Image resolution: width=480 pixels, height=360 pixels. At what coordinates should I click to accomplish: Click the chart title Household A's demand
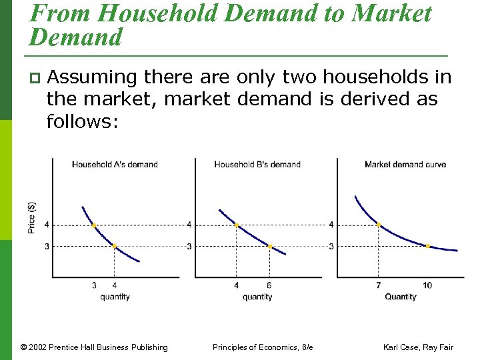pyautogui.click(x=115, y=164)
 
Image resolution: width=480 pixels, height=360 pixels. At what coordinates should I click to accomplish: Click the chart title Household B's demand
pyautogui.click(x=257, y=164)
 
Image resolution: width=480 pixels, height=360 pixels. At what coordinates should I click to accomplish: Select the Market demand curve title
pyautogui.click(x=405, y=164)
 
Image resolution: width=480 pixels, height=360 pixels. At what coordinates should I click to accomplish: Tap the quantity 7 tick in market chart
pyautogui.click(x=379, y=285)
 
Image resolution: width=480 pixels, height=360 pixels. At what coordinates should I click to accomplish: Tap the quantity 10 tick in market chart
pyautogui.click(x=427, y=285)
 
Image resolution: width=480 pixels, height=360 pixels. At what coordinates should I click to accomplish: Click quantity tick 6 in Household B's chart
pyautogui.click(x=269, y=285)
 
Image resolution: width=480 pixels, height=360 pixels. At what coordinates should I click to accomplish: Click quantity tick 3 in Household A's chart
pyautogui.click(x=94, y=285)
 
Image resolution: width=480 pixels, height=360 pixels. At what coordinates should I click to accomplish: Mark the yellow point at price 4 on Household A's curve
pyautogui.click(x=94, y=225)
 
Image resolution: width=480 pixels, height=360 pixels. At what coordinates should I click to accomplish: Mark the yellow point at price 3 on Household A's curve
pyautogui.click(x=115, y=246)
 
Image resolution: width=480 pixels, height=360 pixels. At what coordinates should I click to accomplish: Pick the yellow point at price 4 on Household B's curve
pyautogui.click(x=237, y=225)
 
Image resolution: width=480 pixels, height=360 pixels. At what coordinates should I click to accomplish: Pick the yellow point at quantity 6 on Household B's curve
pyautogui.click(x=269, y=246)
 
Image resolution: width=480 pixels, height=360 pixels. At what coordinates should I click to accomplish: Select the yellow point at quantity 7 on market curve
pyautogui.click(x=379, y=225)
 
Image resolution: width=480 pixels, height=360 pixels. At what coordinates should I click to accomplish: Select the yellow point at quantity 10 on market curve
pyautogui.click(x=427, y=246)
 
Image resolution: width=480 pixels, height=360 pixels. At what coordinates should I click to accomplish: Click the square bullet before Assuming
pyautogui.click(x=33, y=79)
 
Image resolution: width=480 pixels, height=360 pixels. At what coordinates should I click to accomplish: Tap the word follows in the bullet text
pyautogui.click(x=79, y=122)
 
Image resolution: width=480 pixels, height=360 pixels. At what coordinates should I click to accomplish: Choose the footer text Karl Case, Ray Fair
pyautogui.click(x=418, y=347)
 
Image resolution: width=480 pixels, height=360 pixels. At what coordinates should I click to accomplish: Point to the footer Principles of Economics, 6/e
pyautogui.click(x=263, y=347)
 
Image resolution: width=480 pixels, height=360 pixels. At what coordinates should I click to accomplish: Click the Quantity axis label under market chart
pyautogui.click(x=400, y=297)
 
